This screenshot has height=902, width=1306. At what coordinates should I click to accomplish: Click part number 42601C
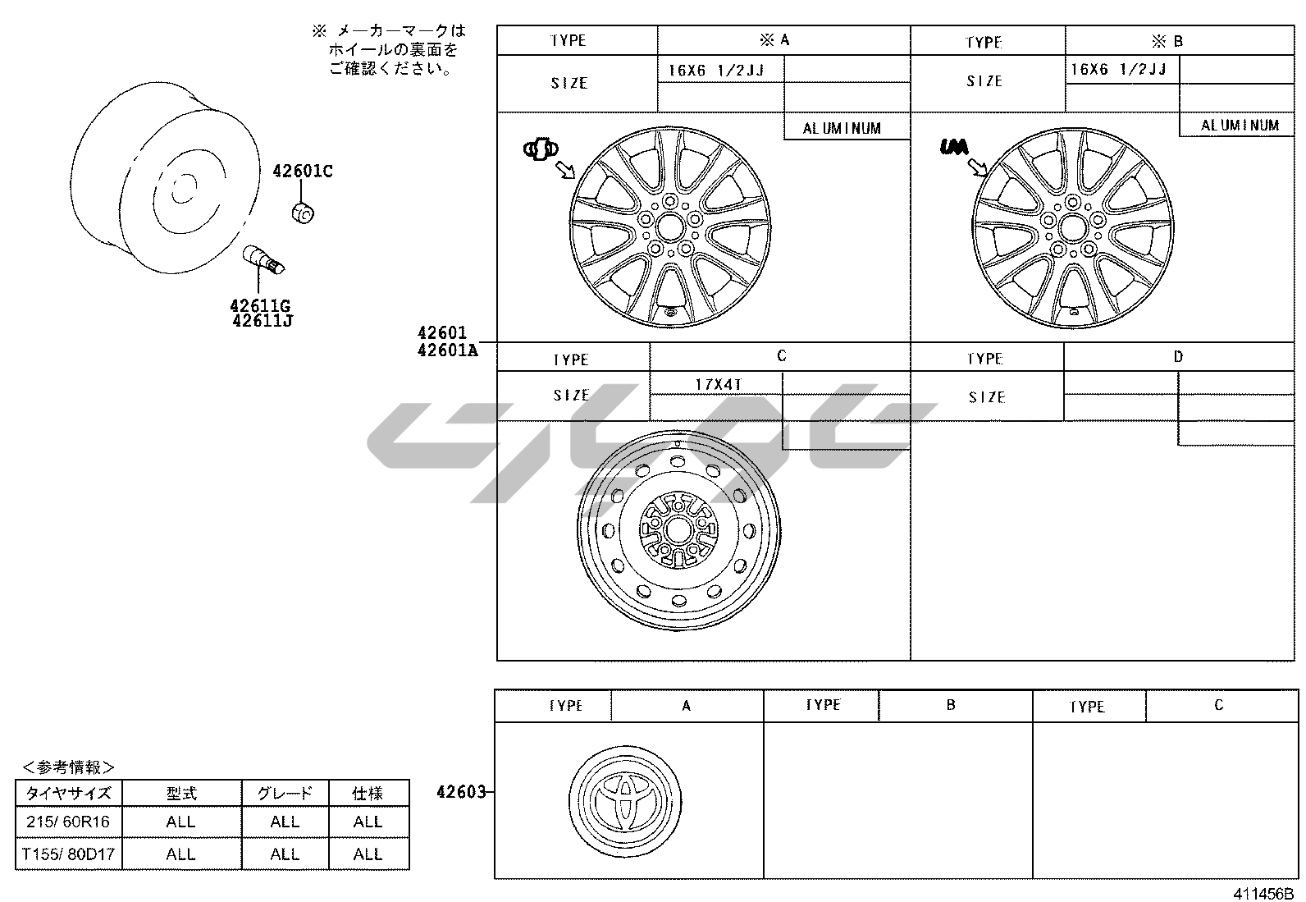[303, 171]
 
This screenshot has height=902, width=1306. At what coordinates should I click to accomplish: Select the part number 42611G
[260, 305]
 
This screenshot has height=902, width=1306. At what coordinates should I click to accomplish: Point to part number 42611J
[263, 320]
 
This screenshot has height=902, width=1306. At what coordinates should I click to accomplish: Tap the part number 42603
[460, 792]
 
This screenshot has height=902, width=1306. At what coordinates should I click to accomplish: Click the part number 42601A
[447, 350]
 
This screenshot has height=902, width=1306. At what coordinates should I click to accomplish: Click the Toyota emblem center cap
[626, 802]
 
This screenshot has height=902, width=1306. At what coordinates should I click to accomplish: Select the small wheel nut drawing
[303, 213]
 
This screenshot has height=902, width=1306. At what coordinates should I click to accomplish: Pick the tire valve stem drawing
[263, 259]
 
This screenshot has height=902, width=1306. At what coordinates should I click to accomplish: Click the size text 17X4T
[719, 384]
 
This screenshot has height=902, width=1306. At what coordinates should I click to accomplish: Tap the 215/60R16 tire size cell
[68, 822]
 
